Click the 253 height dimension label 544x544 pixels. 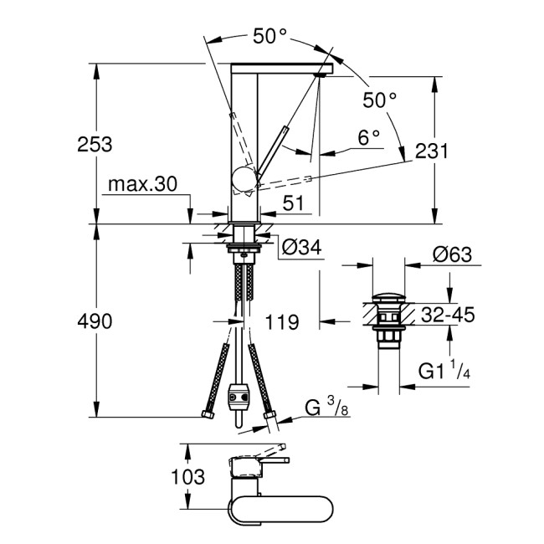click(x=95, y=143)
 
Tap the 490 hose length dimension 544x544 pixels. click(x=95, y=321)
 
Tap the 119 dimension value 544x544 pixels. click(x=283, y=321)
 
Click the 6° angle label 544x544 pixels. click(x=368, y=136)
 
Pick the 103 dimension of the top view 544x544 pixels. click(x=188, y=477)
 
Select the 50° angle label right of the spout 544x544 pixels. click(x=379, y=100)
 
